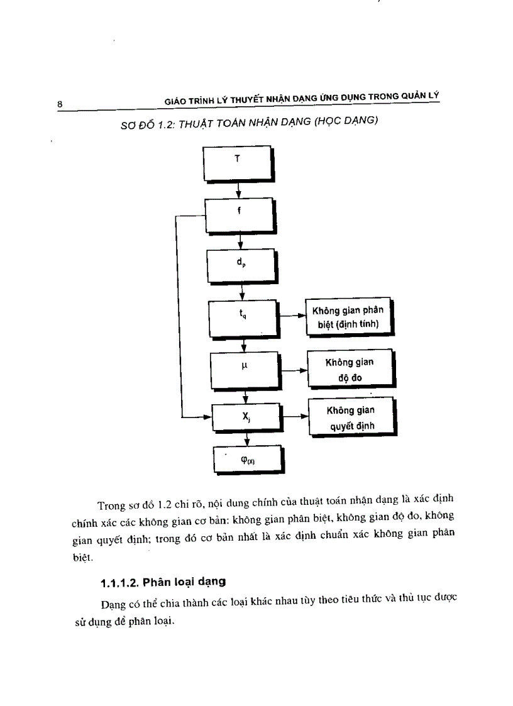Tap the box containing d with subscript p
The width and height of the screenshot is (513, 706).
coord(241,265)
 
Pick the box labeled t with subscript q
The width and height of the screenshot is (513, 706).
coord(243,317)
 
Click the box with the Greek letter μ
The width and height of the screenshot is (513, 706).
coord(244,369)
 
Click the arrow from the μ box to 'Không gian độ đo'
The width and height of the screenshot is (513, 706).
coord(293,370)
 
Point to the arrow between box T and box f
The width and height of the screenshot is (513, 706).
coord(238,190)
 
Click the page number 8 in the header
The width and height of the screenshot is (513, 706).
coord(59,104)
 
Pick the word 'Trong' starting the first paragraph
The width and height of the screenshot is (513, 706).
coord(111,505)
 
